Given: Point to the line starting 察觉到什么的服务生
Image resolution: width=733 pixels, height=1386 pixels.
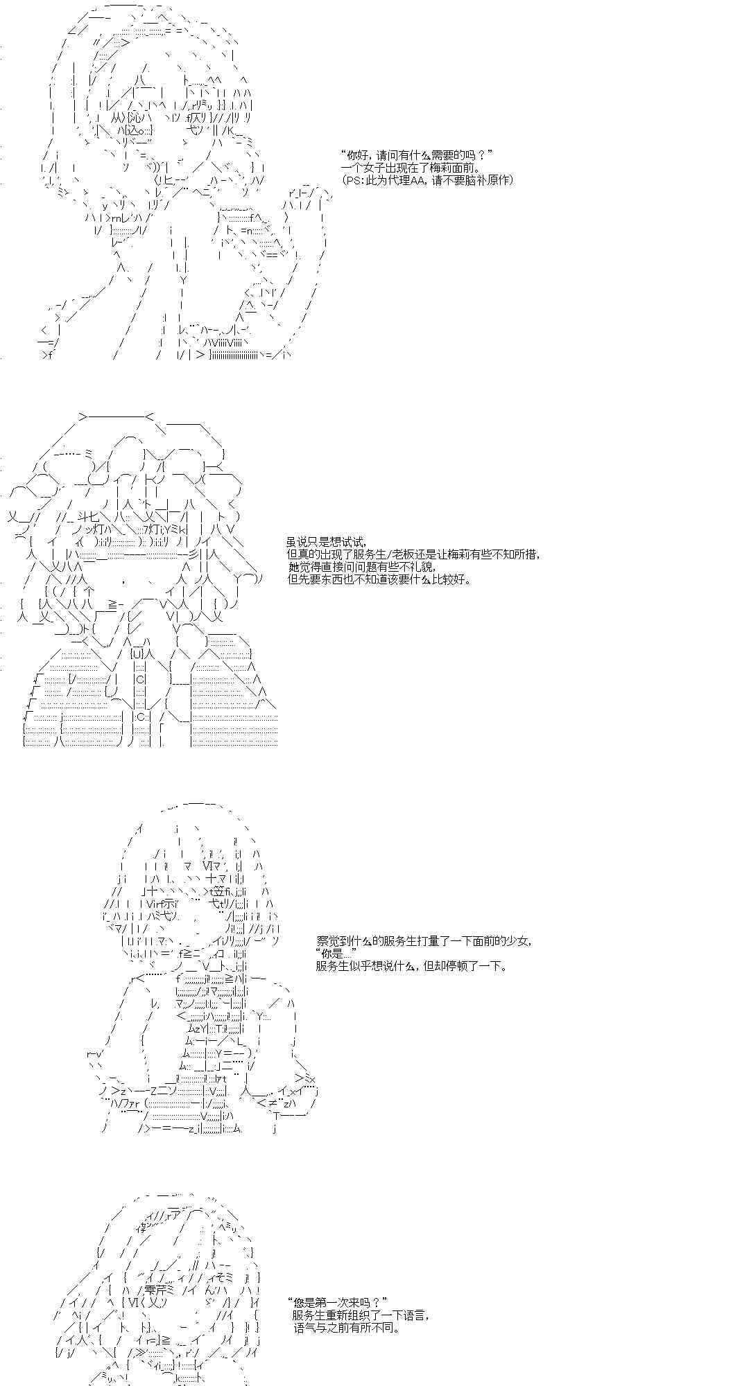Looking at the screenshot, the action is (x=425, y=940).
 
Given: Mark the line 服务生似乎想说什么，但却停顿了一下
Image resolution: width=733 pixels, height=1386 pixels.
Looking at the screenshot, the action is (x=412, y=965).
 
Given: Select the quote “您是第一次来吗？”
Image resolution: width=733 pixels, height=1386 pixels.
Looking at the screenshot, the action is (x=335, y=1303).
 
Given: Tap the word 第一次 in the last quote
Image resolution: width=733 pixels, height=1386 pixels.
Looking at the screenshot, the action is (x=331, y=1303).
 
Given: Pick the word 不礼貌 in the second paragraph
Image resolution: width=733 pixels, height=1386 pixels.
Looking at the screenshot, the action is (x=420, y=567).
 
